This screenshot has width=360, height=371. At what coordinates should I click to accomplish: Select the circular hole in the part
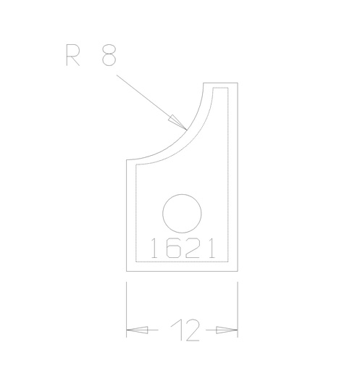182,214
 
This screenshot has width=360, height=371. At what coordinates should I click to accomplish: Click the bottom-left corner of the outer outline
127,272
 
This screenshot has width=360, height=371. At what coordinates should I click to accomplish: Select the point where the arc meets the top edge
203,82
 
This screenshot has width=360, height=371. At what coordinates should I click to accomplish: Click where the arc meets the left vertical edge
127,159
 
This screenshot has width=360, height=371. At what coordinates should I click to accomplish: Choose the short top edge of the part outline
220,82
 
